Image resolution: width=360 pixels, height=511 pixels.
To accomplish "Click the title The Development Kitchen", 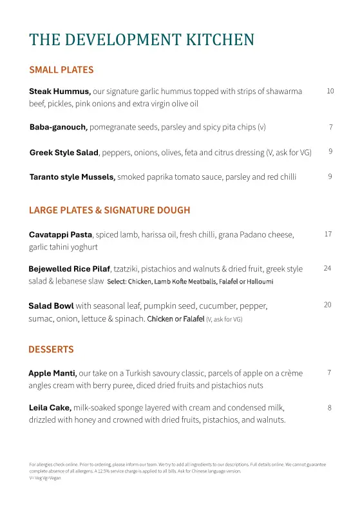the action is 142,40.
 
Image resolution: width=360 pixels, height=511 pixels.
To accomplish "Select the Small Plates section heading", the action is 61,70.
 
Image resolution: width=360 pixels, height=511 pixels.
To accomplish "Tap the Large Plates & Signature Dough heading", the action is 109,210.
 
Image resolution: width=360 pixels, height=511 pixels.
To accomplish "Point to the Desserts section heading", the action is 51,349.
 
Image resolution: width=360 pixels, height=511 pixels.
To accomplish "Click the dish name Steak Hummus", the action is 59,92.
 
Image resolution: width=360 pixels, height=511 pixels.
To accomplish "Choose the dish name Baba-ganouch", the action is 58,127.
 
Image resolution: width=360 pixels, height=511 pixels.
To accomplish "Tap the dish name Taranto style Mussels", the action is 72,177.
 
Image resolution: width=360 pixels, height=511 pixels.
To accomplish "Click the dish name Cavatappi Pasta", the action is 61,235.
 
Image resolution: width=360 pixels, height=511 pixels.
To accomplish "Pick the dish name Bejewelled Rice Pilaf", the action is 70,269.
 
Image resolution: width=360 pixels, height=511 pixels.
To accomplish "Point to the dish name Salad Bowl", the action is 51,305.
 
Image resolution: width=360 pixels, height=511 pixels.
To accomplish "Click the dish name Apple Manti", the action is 52,373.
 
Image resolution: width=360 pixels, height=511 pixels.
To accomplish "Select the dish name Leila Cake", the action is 50,408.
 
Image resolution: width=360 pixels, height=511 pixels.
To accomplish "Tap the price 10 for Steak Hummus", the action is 330,92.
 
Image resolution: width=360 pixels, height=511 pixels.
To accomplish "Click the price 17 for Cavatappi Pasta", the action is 328,234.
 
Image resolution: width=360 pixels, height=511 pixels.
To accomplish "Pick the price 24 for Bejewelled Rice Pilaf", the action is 327,268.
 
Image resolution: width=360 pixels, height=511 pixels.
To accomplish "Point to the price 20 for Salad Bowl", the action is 327,305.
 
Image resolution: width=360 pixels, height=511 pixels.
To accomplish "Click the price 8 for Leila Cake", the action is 329,407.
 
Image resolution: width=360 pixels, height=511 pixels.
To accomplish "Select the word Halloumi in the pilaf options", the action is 258,282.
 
